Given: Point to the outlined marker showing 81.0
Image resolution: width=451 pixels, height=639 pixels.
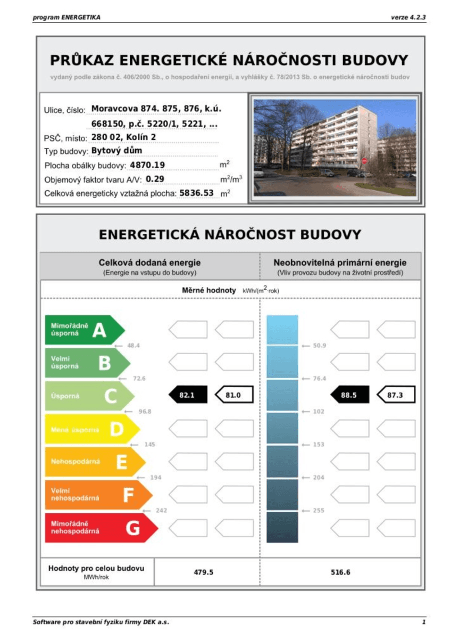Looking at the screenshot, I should (x=234, y=395).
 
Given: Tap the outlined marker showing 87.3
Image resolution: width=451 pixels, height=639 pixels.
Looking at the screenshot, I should (x=396, y=395).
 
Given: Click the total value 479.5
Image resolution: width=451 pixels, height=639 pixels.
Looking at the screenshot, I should (x=203, y=572).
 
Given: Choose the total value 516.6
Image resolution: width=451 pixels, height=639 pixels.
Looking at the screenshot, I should (x=340, y=572).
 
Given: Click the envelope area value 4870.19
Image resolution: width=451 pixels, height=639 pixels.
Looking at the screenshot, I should (x=147, y=165).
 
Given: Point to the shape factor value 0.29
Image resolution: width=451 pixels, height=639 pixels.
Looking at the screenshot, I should (x=155, y=179).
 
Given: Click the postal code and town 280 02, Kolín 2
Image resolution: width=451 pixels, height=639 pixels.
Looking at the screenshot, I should (x=124, y=137).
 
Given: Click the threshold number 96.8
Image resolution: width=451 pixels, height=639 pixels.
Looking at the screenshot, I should (x=145, y=411).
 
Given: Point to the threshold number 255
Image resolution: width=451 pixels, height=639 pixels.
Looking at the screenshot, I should (x=318, y=510).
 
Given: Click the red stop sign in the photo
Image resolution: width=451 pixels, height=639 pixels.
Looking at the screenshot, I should (x=364, y=160).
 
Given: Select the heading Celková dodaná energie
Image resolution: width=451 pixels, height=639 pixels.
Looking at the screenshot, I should (x=149, y=263).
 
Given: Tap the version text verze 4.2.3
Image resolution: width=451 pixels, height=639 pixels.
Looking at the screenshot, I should (x=408, y=17).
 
